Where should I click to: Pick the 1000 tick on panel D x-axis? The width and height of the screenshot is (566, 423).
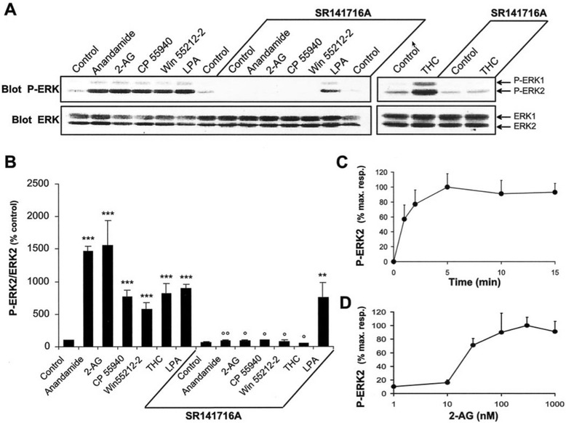click(x=554, y=402)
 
